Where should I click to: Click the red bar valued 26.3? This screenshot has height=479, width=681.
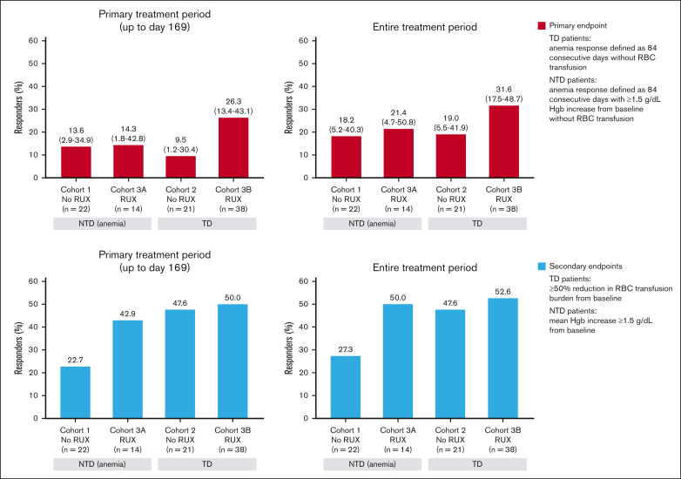(233, 148)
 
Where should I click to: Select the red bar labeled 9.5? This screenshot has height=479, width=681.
(180, 166)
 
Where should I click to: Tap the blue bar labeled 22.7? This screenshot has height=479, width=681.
(75, 393)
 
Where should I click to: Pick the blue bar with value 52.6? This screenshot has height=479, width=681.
(503, 358)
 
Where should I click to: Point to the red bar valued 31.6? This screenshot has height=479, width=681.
(504, 142)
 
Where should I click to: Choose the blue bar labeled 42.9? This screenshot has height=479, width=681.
(128, 369)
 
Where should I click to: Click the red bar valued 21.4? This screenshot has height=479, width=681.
(399, 153)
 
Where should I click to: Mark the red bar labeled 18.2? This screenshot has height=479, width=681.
(346, 157)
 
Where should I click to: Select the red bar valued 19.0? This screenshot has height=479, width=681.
(451, 156)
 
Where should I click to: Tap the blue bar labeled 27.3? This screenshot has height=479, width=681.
(345, 388)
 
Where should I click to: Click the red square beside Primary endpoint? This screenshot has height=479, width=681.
(542, 25)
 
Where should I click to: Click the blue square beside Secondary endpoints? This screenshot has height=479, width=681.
(542, 266)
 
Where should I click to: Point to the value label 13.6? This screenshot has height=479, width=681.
(76, 131)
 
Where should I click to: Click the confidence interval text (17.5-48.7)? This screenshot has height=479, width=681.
(504, 99)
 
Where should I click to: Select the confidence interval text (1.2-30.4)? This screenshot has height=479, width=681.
(180, 150)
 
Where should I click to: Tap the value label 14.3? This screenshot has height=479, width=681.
(129, 129)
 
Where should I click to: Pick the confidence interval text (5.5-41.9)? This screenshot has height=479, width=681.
(451, 128)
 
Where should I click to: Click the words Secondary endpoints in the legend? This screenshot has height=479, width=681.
(586, 266)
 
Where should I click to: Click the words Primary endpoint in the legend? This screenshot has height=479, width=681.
(578, 25)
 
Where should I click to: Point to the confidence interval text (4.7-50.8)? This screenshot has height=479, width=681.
(399, 123)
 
